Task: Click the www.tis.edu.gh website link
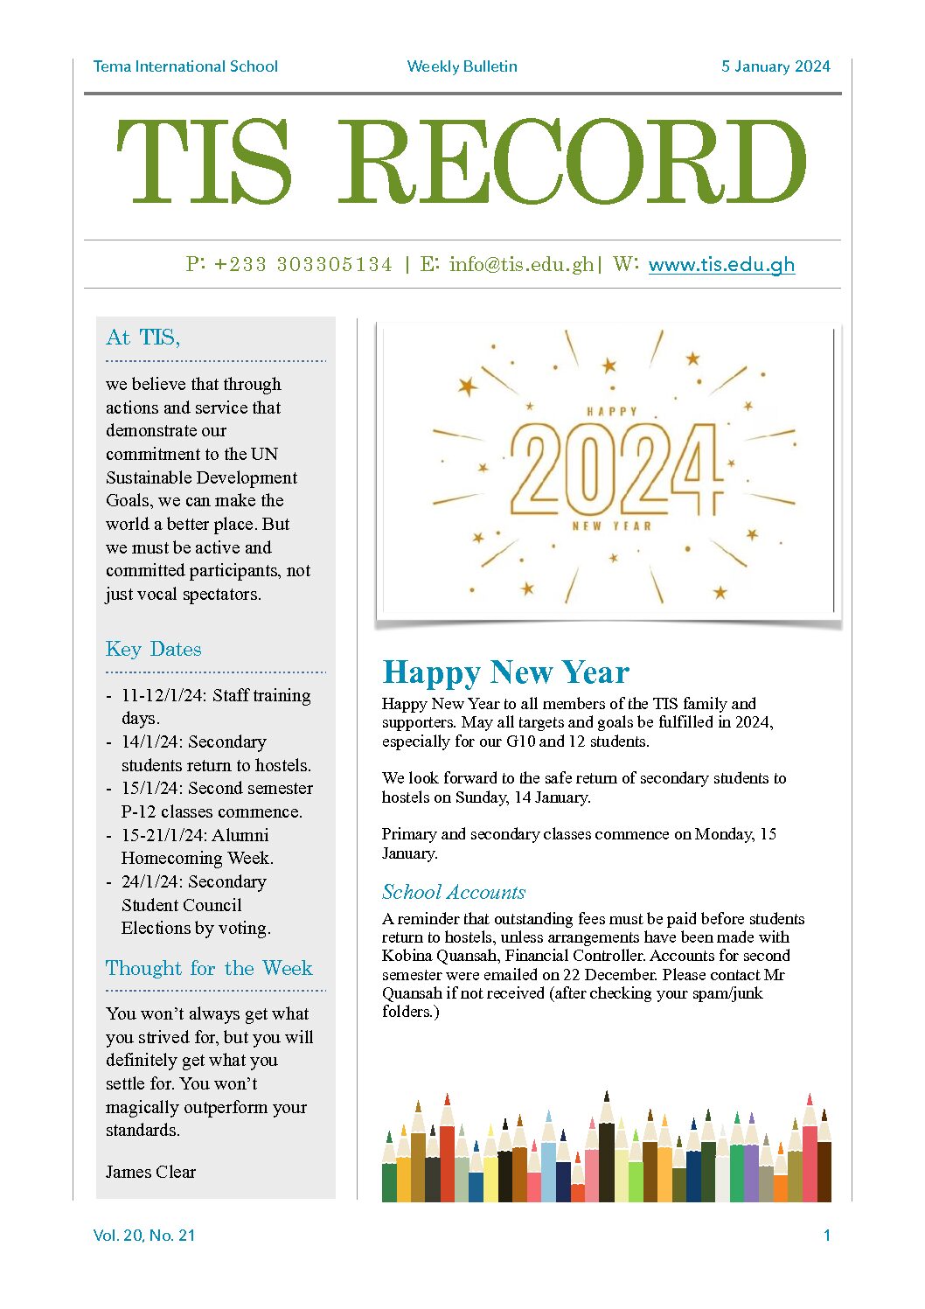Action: click(721, 265)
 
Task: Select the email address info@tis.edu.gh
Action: click(521, 265)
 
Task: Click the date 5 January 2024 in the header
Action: click(775, 66)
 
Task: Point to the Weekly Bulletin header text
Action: click(462, 66)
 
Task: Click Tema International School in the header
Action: click(185, 66)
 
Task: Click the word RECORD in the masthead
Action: click(572, 163)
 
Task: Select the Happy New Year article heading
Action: click(505, 672)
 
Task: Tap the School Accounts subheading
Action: click(454, 892)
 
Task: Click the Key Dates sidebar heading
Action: click(153, 649)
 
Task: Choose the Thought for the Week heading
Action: click(209, 968)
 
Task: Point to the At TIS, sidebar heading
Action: click(143, 338)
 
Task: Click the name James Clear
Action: click(150, 1172)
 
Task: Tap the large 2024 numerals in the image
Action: click(616, 470)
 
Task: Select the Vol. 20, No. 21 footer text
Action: click(144, 1236)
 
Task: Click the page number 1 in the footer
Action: click(826, 1236)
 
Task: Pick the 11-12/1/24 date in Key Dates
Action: click(163, 695)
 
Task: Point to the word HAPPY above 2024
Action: click(612, 411)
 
